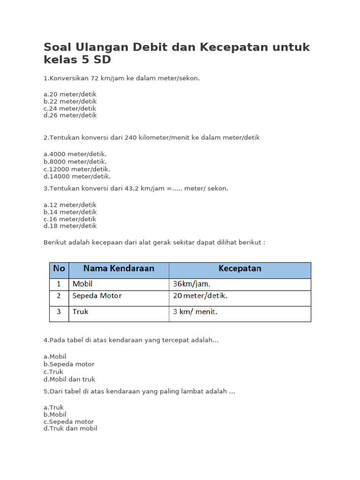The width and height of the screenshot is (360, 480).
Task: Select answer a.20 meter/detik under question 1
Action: pos(70,94)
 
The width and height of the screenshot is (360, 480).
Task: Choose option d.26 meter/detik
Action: pos(70,115)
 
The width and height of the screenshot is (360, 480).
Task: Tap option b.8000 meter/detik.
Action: pos(75,162)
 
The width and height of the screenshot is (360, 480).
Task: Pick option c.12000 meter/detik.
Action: pos(77,169)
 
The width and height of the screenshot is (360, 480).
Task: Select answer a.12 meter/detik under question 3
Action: pos(70,205)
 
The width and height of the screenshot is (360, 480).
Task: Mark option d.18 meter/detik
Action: pos(70,226)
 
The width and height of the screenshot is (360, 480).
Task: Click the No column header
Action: pos(59,269)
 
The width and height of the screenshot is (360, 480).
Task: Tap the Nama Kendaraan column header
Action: pos(119,269)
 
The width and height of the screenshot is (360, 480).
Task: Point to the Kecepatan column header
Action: pos(240,269)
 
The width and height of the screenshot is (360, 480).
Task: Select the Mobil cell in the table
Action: pos(83,284)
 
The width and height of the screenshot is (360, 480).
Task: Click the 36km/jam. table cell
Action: pos(192,284)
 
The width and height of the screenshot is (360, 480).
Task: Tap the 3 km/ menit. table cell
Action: pos(195,312)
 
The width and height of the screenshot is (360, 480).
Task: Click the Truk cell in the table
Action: pos(80,312)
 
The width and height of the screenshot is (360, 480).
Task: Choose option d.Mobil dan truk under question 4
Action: pos(69,379)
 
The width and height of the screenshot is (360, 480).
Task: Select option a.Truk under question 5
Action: pos(53,407)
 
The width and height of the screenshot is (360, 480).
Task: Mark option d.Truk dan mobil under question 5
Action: pos(70,428)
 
